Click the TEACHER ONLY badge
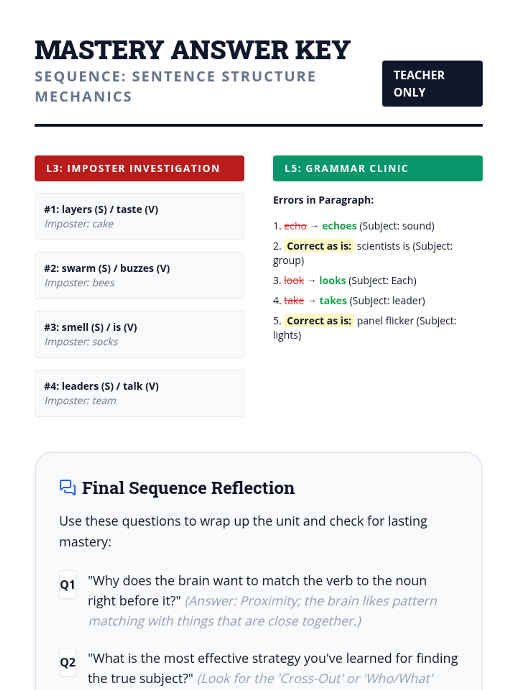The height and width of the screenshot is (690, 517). tap(432, 84)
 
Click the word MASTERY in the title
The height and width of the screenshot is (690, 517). tap(99, 50)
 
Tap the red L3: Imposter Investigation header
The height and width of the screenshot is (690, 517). tap(139, 168)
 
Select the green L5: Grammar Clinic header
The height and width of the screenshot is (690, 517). tap(378, 168)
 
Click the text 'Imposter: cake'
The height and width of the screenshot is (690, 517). tap(79, 224)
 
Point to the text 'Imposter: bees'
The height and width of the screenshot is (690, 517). tap(79, 282)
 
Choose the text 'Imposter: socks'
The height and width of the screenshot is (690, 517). tap(81, 342)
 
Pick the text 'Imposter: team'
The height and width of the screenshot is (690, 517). tap(80, 401)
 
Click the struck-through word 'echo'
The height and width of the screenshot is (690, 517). tap(295, 226)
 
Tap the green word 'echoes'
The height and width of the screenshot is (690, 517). tap(339, 226)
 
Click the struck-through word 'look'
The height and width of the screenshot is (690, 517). tap(294, 280)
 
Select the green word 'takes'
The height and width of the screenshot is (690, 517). tap(333, 301)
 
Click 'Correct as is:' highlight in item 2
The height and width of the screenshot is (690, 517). tap(319, 246)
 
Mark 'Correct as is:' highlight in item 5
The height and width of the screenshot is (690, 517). tap(319, 321)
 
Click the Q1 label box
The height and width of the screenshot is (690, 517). tap(68, 584)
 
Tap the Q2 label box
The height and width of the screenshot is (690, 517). tap(68, 662)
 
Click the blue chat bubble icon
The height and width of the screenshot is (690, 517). tap(68, 488)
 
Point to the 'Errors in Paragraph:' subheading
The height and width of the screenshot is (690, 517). tap(323, 200)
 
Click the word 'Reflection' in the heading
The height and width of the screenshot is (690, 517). tap(253, 488)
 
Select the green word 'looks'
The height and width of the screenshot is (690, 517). tap(333, 280)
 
